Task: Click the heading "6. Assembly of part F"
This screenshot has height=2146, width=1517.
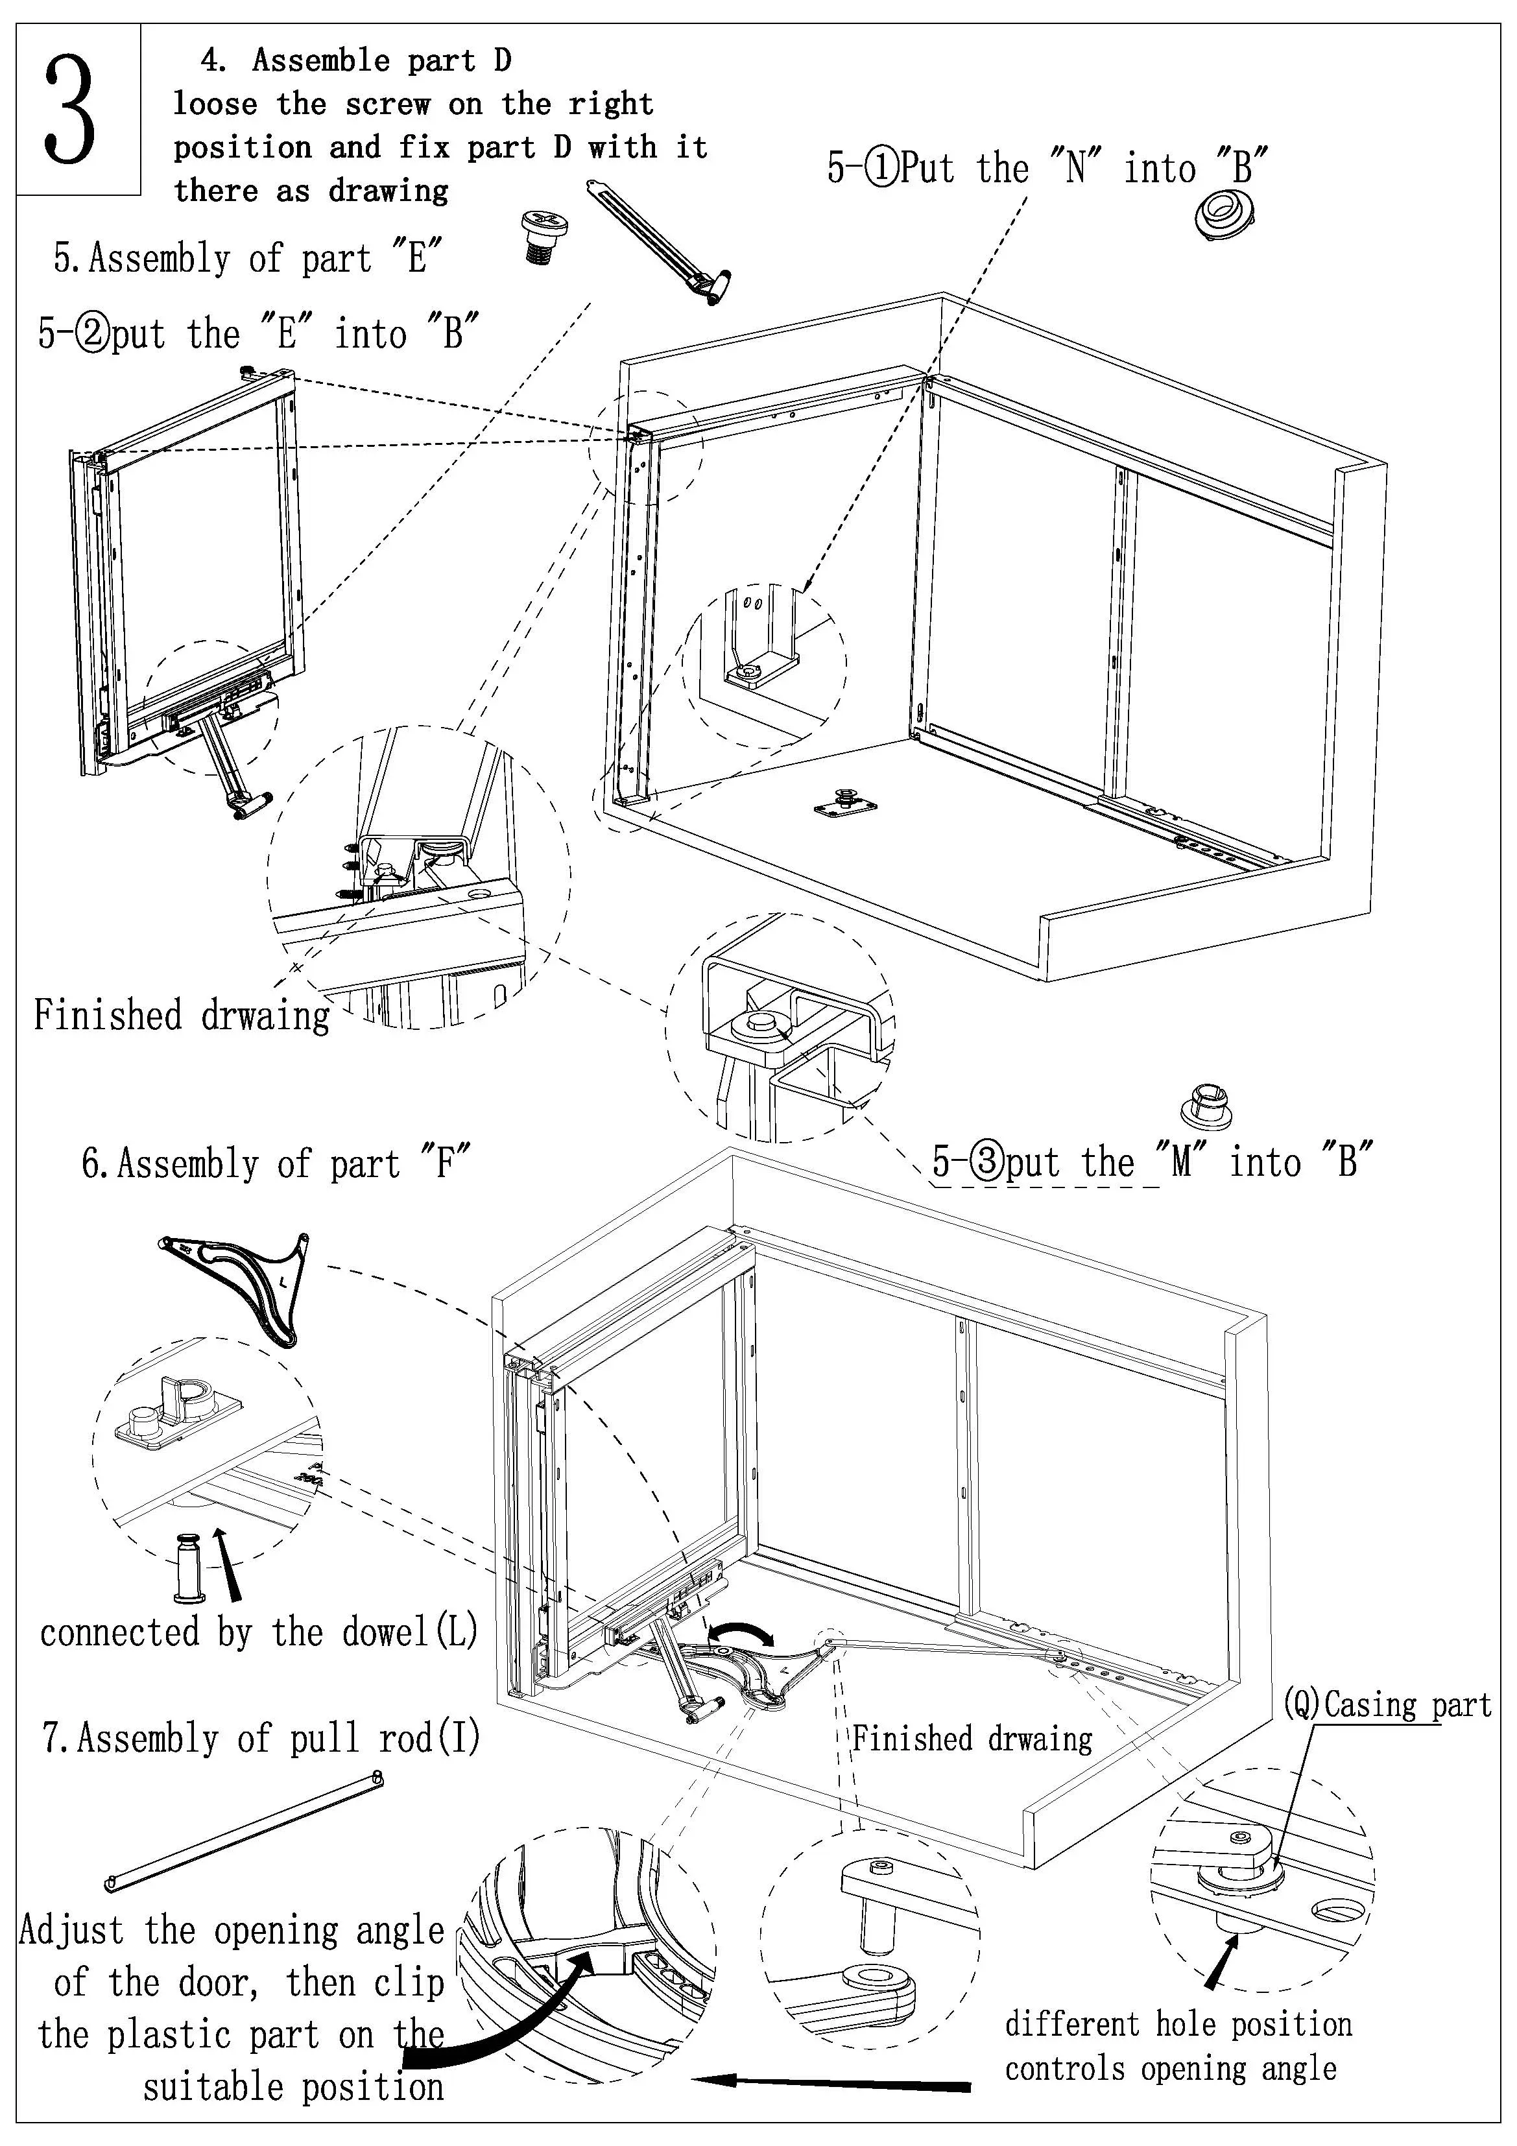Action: tap(276, 1163)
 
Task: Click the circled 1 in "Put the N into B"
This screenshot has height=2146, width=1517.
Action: tap(881, 168)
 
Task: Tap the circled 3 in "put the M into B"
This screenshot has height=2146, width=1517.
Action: tap(986, 1162)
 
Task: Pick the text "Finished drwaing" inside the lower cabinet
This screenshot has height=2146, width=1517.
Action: tap(972, 1739)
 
